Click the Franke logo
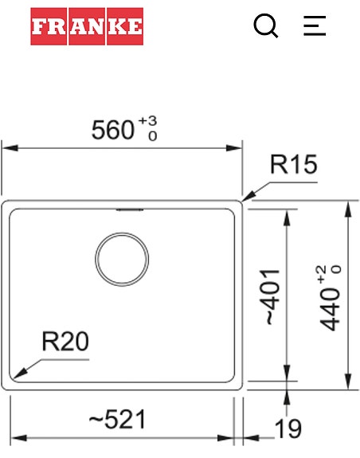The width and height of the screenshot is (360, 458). point(87,27)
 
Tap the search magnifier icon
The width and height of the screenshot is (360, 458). point(266,27)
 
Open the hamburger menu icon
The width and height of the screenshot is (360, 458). point(315,27)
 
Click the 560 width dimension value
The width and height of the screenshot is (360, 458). point(113,130)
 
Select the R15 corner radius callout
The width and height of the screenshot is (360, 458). point(293,165)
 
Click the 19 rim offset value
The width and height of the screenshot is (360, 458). point(288,430)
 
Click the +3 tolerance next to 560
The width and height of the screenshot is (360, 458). point(148,121)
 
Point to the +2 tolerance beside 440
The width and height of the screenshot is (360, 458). point(321,273)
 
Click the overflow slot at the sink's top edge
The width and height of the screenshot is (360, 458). point(129,211)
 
